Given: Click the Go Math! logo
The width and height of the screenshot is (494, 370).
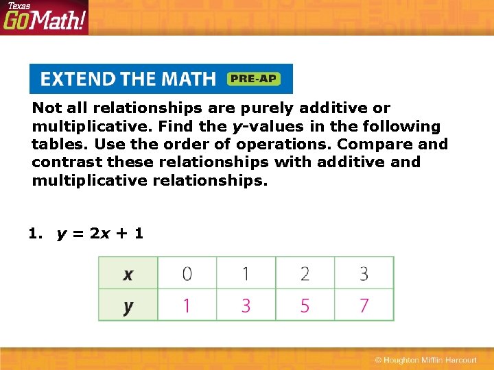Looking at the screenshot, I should click(44, 18).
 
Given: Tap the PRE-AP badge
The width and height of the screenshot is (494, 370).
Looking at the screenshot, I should click(252, 79).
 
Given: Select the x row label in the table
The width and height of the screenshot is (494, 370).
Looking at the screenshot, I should click(128, 273).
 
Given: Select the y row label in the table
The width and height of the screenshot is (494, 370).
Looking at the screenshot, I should click(128, 305).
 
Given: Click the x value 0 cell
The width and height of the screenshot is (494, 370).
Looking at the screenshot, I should click(187, 273).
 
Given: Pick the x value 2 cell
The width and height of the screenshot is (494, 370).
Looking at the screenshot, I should click(305, 273).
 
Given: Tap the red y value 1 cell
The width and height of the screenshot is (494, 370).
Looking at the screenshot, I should click(187, 305).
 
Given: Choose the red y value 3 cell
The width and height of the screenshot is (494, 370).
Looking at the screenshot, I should click(246, 305).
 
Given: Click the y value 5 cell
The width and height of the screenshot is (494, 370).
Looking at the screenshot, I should click(305, 305).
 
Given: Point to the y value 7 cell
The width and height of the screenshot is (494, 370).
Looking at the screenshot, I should click(364, 305).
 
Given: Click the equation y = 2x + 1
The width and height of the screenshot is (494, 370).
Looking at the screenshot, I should click(100, 233).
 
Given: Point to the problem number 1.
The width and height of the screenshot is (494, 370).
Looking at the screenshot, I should click(34, 233).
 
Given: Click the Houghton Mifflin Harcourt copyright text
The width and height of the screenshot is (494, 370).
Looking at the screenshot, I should click(425, 360).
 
